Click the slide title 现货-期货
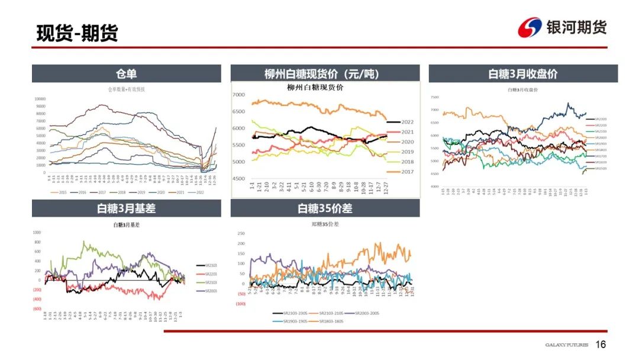78,33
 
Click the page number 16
601,345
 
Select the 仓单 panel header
126,74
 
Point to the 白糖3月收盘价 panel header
523,74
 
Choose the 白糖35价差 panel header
325,208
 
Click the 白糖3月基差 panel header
126,208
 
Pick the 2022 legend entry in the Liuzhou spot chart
408,121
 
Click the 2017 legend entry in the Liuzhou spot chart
408,172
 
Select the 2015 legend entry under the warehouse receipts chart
61,192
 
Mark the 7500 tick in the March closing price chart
435,97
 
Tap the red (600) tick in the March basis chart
37,308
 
